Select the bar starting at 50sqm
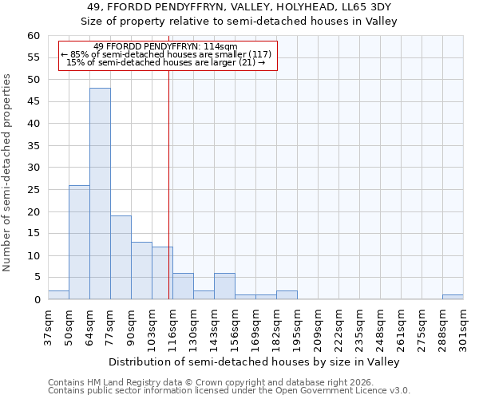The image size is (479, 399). (79, 242)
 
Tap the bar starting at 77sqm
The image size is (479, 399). (121, 257)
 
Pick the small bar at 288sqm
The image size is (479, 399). (453, 297)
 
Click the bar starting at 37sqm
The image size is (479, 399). (58, 294)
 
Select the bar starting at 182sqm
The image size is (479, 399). (287, 294)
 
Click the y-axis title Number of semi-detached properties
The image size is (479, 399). (8, 172)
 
